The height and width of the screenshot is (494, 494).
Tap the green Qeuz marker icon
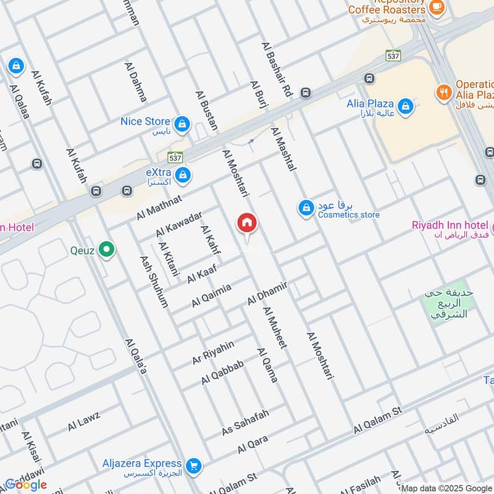(107, 250)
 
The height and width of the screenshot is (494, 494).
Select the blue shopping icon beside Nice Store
(182, 125)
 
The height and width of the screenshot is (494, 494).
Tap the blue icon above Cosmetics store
(306, 209)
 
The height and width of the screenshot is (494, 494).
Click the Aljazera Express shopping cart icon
(194, 467)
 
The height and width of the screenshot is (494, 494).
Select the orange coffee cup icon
(437, 7)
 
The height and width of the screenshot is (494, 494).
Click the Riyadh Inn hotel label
(450, 225)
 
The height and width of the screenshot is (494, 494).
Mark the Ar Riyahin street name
(213, 352)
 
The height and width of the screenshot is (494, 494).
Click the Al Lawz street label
(84, 421)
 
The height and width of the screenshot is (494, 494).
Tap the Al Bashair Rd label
(277, 69)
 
